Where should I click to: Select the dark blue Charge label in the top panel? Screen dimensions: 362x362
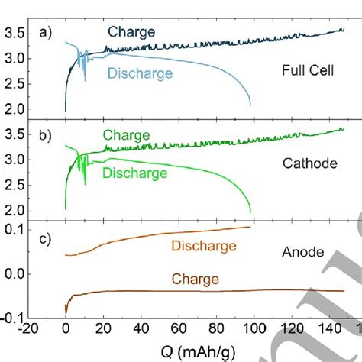(131, 33)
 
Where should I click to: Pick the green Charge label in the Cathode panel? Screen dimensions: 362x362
(127, 135)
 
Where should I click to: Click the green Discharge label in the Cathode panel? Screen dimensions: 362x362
(134, 173)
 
